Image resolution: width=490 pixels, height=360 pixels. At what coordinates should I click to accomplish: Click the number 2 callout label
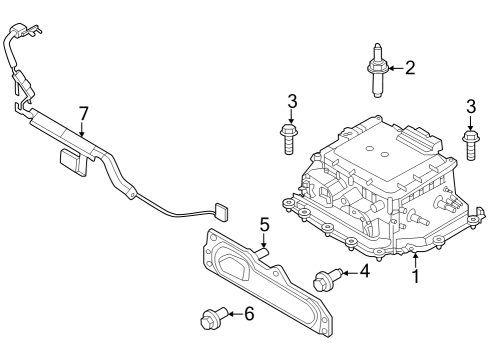[409, 68]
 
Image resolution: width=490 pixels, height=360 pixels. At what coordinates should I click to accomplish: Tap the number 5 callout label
[264, 224]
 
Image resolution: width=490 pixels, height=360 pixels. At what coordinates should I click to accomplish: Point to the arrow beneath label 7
[83, 128]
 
